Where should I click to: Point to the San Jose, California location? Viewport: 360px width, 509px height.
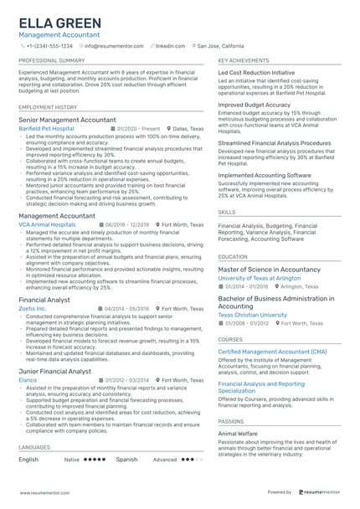click(x=221, y=46)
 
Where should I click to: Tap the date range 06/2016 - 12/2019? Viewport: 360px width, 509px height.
click(x=127, y=224)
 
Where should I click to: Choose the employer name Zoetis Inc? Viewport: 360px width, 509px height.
click(x=33, y=308)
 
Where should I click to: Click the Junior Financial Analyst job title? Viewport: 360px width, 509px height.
click(x=55, y=371)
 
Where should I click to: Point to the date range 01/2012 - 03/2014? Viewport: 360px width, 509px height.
click(x=127, y=379)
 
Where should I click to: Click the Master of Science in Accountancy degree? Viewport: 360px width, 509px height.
click(x=269, y=270)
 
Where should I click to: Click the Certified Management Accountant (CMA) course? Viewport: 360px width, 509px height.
click(x=272, y=352)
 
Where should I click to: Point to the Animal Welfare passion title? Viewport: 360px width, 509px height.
click(x=239, y=434)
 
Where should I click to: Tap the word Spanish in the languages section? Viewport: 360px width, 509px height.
click(x=126, y=460)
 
